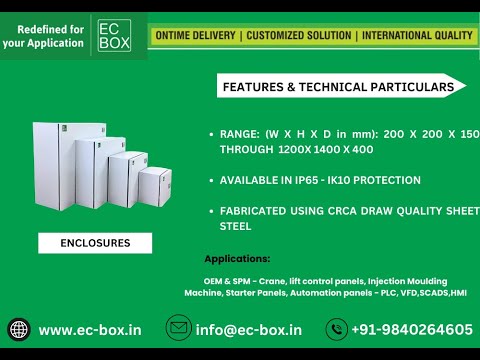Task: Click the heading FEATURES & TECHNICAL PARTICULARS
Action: click(x=337, y=87)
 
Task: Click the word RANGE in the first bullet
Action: click(x=240, y=133)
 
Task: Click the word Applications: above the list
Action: click(x=237, y=259)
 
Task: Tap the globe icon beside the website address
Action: click(x=19, y=329)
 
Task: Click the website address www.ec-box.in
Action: click(x=90, y=329)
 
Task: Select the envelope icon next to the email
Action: click(x=178, y=328)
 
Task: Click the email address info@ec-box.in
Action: click(x=249, y=329)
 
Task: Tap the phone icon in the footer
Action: click(x=337, y=329)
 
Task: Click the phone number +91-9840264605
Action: click(x=412, y=329)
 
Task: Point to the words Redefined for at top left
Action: click(x=43, y=28)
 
